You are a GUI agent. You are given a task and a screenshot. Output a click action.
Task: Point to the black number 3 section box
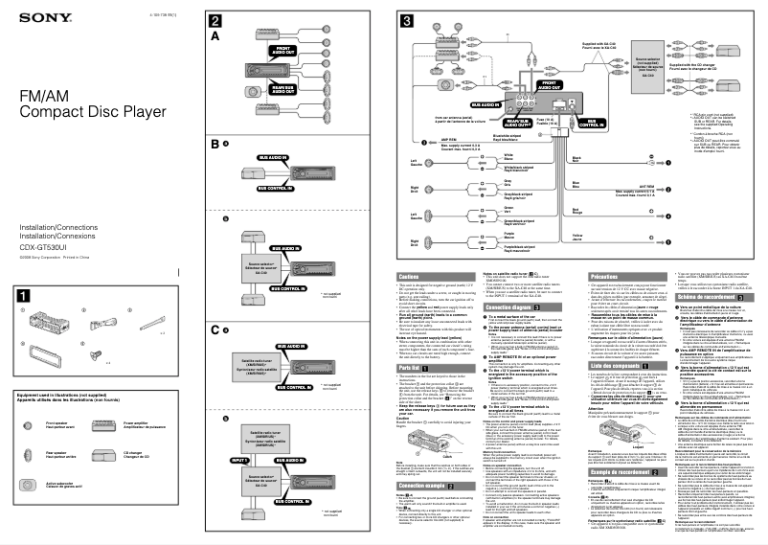[x=407, y=21]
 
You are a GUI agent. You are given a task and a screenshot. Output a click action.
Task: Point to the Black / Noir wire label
[x=576, y=159]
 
